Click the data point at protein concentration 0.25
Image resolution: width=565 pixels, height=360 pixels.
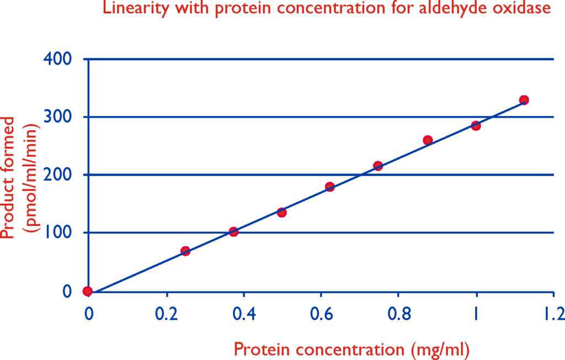point(185,251)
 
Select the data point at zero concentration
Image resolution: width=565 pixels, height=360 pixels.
point(88,291)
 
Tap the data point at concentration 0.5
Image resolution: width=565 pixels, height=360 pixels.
point(282,213)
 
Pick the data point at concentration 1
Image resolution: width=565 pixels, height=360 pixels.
point(476,126)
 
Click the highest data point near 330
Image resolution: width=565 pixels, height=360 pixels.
point(524,100)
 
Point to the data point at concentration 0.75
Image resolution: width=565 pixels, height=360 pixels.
point(378,166)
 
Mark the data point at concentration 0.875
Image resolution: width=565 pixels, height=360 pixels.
point(428,140)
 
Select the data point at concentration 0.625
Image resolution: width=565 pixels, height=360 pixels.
point(330,187)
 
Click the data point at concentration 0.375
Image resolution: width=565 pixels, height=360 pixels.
point(233,231)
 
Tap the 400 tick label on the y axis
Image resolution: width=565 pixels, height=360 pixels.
point(57,59)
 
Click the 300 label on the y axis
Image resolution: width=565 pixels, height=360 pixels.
point(57,117)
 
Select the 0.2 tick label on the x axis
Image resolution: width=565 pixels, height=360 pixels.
point(167,314)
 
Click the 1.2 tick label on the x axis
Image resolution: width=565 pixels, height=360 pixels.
point(554,314)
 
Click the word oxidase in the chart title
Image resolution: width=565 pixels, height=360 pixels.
point(522,8)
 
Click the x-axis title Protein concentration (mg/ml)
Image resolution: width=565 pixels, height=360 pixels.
point(351,350)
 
